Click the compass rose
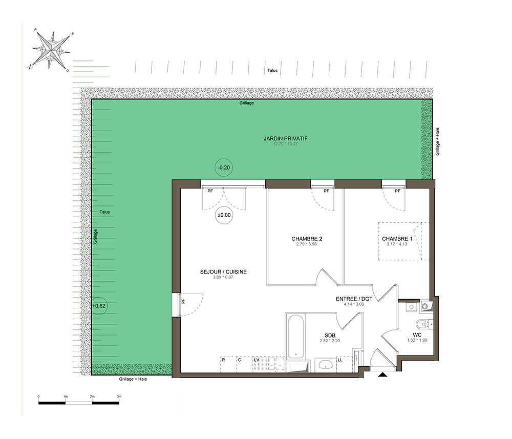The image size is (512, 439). pyautogui.click(x=51, y=50)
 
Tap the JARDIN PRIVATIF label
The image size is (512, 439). pyautogui.click(x=285, y=138)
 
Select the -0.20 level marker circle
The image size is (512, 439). pyautogui.click(x=224, y=168)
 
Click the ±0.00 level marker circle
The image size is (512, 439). pyautogui.click(x=224, y=215)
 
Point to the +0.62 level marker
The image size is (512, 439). pyautogui.click(x=99, y=306)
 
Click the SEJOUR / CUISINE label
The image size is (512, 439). pyautogui.click(x=223, y=272)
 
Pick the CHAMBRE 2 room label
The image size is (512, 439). pyautogui.click(x=307, y=239)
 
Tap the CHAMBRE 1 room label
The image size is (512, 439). pyautogui.click(x=397, y=239)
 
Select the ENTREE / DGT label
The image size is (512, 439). pyautogui.click(x=354, y=299)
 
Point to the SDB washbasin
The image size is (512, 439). pyautogui.click(x=326, y=365)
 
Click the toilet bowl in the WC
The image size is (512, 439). pyautogui.click(x=422, y=324)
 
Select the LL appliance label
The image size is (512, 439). pyautogui.click(x=340, y=360)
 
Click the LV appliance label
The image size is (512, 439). pyautogui.click(x=257, y=360)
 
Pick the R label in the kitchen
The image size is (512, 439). pyautogui.click(x=224, y=360)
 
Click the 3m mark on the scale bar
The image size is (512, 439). pyautogui.click(x=119, y=396)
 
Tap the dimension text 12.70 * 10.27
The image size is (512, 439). pyautogui.click(x=285, y=144)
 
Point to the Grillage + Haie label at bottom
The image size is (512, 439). pyautogui.click(x=133, y=379)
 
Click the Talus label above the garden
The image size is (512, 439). pyautogui.click(x=272, y=70)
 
